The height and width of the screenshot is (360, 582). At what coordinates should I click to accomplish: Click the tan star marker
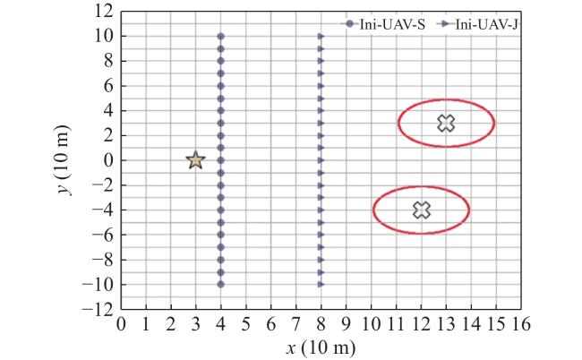coord(195,160)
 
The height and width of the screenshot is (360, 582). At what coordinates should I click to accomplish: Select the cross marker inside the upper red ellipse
coord(446,123)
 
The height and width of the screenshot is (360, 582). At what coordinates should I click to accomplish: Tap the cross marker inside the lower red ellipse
coord(422,210)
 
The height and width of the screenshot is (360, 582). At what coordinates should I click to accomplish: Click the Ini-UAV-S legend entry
coord(382,24)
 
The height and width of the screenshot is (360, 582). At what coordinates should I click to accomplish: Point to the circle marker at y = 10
coord(220,37)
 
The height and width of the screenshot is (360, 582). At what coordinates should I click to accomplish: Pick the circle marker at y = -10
coord(220,284)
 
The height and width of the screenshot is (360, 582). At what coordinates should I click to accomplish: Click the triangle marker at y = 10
coord(321,37)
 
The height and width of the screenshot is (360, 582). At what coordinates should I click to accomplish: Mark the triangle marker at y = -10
coord(321,284)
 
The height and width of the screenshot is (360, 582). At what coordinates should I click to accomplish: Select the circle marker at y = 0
coord(220,160)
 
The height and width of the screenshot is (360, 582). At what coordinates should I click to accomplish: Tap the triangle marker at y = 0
coord(321,160)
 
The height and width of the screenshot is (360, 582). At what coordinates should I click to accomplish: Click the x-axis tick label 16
coord(521,324)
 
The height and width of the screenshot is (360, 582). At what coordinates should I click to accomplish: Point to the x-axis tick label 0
coord(121,324)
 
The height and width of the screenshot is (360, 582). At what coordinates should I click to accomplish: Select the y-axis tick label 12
coord(104,12)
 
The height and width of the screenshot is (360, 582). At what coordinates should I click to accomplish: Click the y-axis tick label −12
coord(98,309)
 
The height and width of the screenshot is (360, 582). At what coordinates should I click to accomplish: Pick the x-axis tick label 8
coord(321,324)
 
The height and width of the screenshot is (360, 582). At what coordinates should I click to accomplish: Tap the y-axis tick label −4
coord(103,210)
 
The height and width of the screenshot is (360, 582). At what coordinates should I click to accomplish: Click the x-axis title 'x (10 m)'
coord(321,347)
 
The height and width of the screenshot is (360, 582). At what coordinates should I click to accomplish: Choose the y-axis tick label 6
coord(108,86)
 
